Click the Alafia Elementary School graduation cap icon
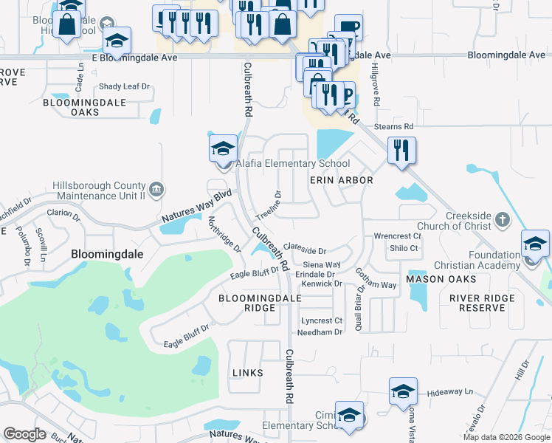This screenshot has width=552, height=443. [x=223, y=148]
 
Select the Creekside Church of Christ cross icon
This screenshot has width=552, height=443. [x=502, y=219]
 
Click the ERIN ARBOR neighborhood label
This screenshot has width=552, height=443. [x=341, y=180]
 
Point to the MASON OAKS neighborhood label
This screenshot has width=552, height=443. [x=441, y=279]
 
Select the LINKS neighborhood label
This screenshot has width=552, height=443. [x=247, y=373]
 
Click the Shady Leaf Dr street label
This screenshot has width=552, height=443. [x=124, y=86]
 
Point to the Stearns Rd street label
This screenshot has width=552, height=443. [x=393, y=127]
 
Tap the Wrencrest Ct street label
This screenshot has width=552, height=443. [x=397, y=236]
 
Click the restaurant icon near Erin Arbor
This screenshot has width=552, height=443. [x=401, y=151]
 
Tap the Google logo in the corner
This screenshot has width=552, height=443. [x=24, y=434]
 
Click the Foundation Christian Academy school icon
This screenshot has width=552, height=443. [x=534, y=244]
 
